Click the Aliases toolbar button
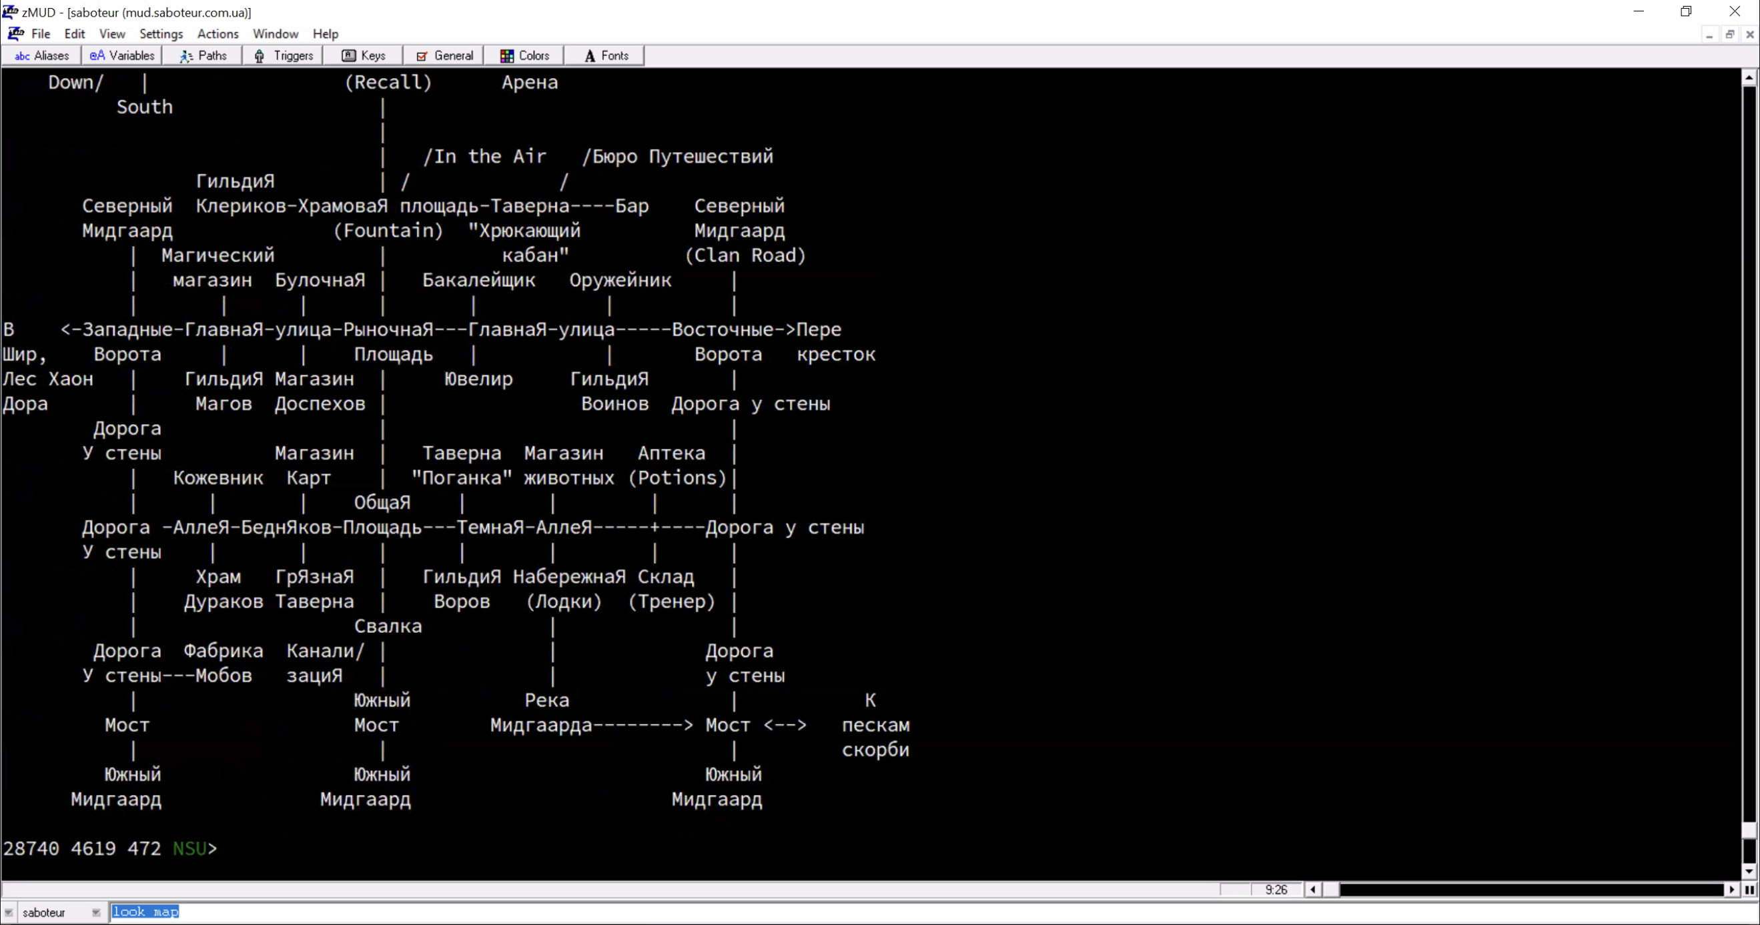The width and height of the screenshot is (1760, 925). pyautogui.click(x=41, y=55)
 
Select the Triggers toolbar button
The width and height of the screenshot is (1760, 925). pyautogui.click(x=283, y=55)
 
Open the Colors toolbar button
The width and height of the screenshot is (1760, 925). pyautogui.click(x=524, y=55)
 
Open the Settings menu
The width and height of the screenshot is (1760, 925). pyautogui.click(x=161, y=33)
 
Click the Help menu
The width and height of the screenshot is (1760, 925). pyautogui.click(x=325, y=33)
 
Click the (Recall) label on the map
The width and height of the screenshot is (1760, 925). pyautogui.click(x=388, y=83)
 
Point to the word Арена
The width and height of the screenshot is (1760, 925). pyautogui.click(x=530, y=83)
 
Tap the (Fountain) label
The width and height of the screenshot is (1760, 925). pyautogui.click(x=388, y=231)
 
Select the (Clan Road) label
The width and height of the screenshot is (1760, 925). pyautogui.click(x=745, y=255)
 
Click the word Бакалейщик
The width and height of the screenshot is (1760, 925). pyautogui.click(x=479, y=280)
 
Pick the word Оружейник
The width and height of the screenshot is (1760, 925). pyautogui.click(x=620, y=280)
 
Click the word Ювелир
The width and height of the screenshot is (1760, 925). pyautogui.click(x=478, y=379)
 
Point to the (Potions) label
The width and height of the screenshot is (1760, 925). pyautogui.click(x=677, y=478)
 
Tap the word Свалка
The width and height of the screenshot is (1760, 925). pyautogui.click(x=388, y=626)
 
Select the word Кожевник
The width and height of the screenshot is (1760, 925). pyautogui.click(x=218, y=478)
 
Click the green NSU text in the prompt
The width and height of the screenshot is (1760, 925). pyautogui.click(x=189, y=848)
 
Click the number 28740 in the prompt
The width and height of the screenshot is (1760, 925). pyautogui.click(x=31, y=848)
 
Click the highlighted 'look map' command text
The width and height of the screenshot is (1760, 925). pyautogui.click(x=145, y=912)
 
